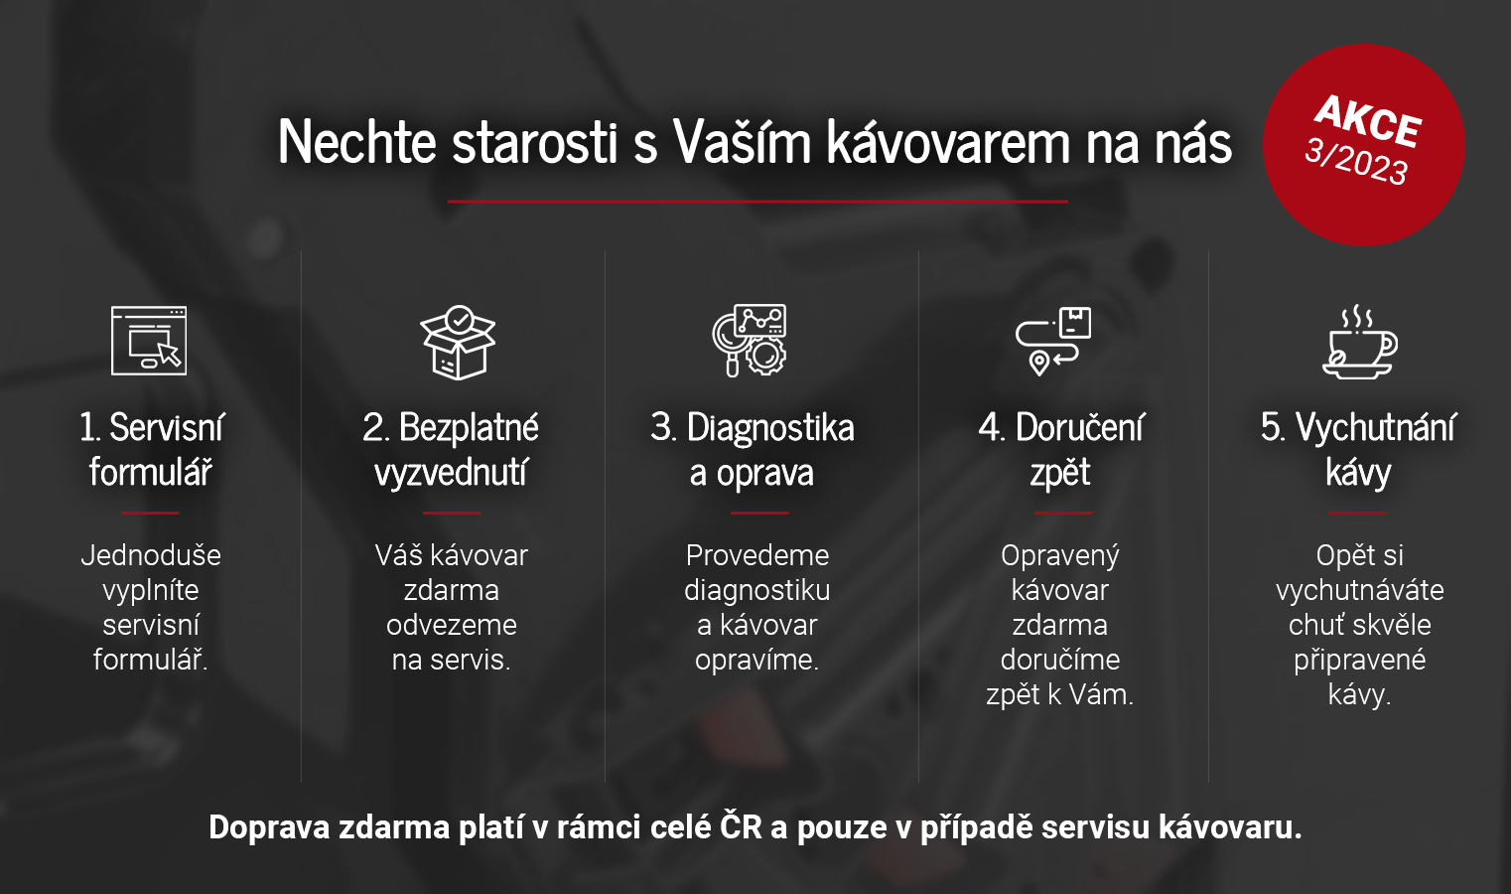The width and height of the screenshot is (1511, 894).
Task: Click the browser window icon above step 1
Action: click(149, 340)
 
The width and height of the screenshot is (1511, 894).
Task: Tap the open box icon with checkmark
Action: click(458, 342)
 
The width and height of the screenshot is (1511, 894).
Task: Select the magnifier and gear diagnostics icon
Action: click(750, 340)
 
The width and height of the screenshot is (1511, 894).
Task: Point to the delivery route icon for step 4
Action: click(1053, 341)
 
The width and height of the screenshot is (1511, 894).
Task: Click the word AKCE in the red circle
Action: click(1368, 121)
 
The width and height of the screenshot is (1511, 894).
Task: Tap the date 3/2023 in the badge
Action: click(1356, 162)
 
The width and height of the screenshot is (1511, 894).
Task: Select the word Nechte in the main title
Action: click(357, 141)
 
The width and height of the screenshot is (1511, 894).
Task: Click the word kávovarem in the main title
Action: click(949, 141)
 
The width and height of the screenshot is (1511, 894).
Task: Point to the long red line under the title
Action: click(757, 201)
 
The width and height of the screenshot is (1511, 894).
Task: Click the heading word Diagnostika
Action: click(770, 428)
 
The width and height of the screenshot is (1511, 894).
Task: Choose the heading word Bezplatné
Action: click(469, 428)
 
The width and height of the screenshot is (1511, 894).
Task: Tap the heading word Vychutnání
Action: click(1375, 428)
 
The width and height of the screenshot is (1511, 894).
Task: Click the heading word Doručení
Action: click(1080, 428)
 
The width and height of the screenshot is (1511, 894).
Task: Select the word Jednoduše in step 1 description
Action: click(151, 555)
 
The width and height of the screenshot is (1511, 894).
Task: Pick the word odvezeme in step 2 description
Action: click(452, 625)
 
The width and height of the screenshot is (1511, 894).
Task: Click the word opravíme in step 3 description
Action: click(756, 660)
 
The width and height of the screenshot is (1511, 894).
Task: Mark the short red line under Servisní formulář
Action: click(150, 513)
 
